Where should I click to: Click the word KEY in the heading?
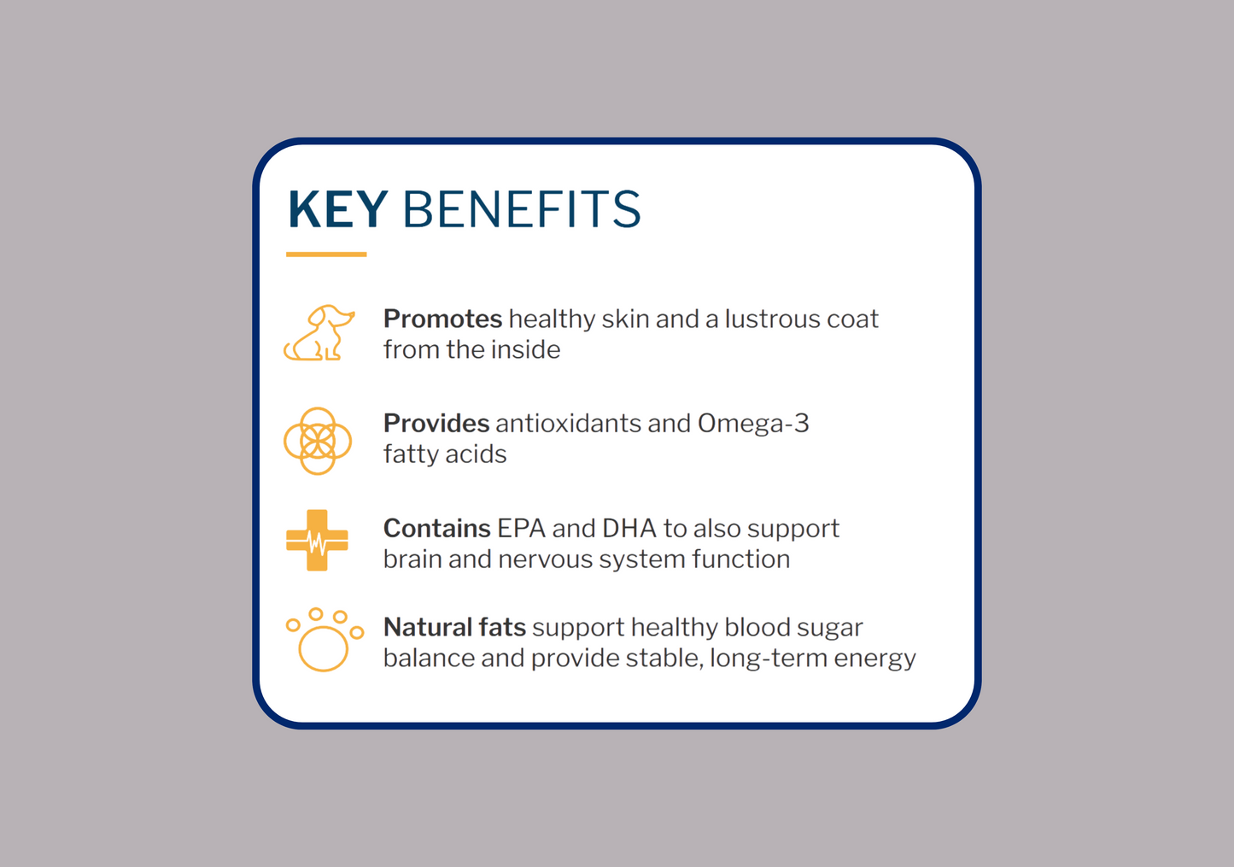click(338, 208)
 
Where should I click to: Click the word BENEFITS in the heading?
click(522, 208)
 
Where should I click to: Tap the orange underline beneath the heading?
click(326, 254)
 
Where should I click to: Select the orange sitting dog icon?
click(319, 332)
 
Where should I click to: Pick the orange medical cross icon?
click(317, 540)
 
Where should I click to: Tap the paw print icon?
click(325, 640)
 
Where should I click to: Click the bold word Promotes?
click(443, 319)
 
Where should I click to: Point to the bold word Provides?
click(436, 424)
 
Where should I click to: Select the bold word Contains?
click(437, 528)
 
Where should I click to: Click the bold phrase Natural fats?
click(454, 627)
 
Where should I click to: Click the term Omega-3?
click(753, 425)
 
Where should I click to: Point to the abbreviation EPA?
click(521, 528)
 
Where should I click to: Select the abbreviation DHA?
click(629, 528)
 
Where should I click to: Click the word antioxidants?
click(569, 424)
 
